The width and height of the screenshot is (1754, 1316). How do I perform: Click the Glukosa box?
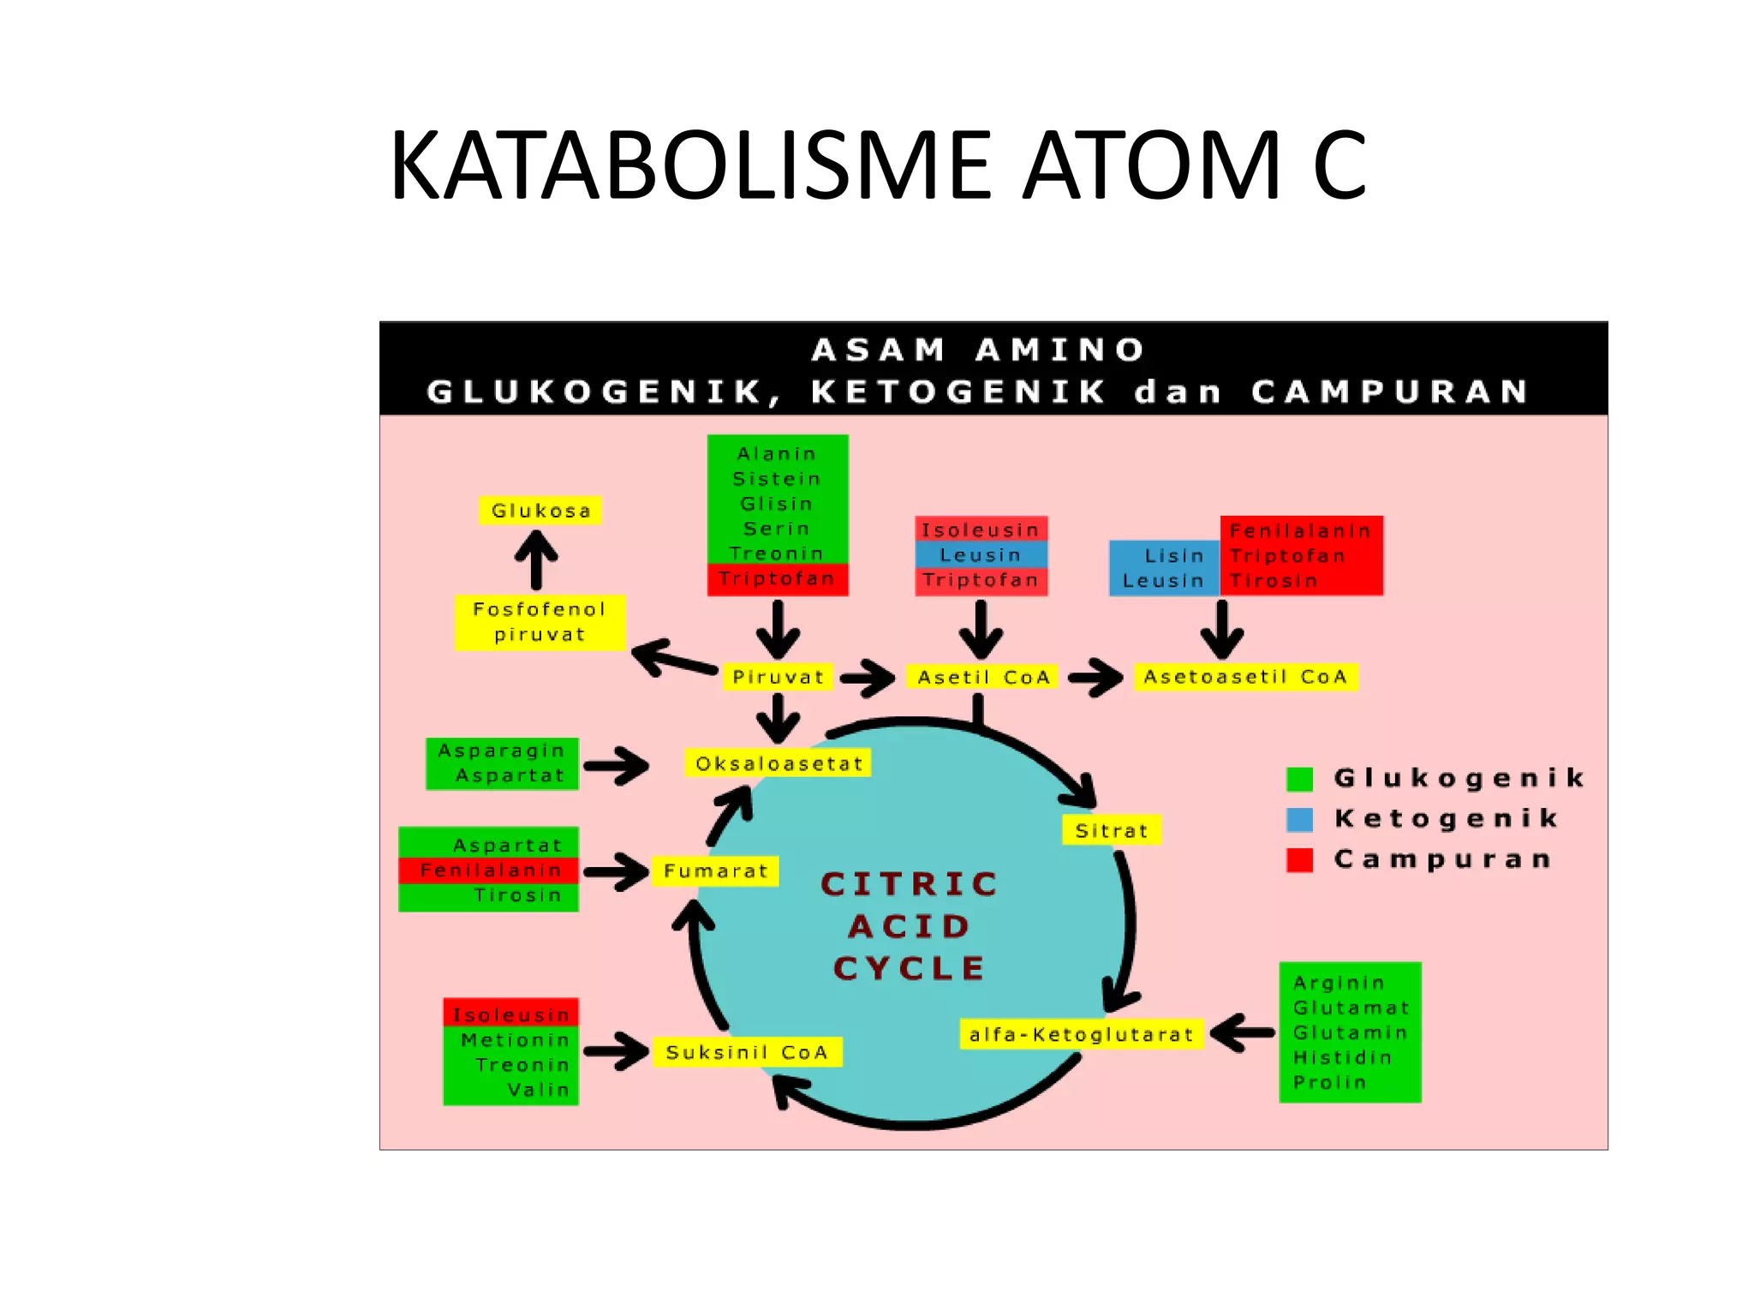tap(540, 511)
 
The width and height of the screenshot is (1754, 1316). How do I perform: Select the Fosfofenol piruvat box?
tap(540, 622)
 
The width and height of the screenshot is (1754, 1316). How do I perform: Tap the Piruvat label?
tap(778, 677)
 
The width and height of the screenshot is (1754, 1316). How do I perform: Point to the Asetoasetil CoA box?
tap(1245, 677)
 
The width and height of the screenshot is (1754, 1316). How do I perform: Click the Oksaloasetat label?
tap(779, 763)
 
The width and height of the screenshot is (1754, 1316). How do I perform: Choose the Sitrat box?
tap(1111, 829)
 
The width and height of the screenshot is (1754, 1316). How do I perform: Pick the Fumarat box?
tap(715, 871)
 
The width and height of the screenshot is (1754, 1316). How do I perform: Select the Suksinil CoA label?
tap(747, 1052)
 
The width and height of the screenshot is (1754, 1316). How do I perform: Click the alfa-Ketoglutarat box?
tap(1081, 1034)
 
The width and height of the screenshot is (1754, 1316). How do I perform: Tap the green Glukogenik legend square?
tap(1299, 779)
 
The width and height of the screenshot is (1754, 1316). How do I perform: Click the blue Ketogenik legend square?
tap(1299, 819)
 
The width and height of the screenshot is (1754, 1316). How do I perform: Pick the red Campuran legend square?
tap(1299, 859)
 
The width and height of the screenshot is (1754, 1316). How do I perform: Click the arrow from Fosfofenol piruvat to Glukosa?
tap(536, 559)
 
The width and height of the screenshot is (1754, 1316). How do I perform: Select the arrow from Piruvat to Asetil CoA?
tap(867, 678)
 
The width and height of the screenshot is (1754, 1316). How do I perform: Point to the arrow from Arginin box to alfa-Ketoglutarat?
tap(1242, 1032)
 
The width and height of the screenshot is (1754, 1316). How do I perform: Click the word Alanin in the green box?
tap(777, 453)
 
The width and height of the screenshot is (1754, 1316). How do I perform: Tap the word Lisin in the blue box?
tap(1174, 555)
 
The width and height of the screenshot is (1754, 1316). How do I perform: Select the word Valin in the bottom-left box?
tap(538, 1090)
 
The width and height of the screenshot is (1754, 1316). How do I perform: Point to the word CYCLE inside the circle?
tap(910, 968)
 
